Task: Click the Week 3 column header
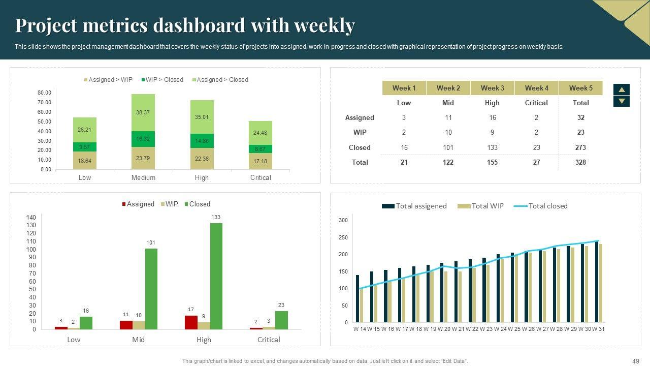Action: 492,88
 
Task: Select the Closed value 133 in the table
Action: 492,147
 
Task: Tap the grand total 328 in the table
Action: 580,162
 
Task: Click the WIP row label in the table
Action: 360,132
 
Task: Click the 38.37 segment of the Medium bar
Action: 143,112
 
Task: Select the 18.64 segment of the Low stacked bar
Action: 85,161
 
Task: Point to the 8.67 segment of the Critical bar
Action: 261,149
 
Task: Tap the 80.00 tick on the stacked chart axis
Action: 45,93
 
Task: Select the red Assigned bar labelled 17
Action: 191,322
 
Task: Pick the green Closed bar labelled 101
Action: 151,289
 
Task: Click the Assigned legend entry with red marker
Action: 138,204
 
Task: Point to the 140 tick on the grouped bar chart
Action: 31,217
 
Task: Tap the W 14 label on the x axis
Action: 360,329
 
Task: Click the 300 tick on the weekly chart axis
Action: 343,220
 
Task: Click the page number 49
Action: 636,361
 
